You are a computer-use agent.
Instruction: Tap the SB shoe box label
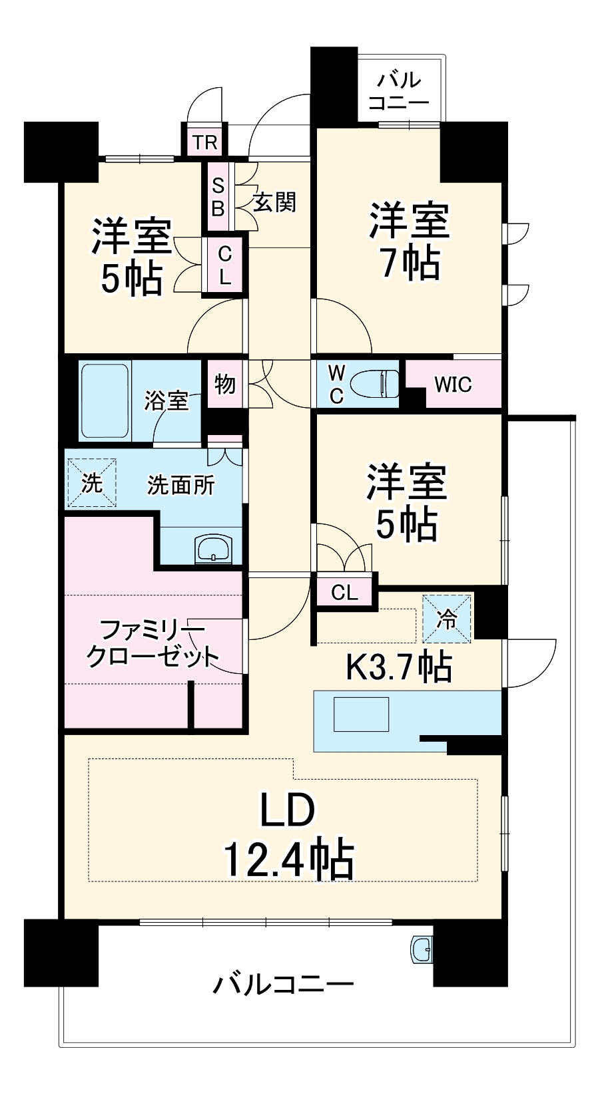[x=218, y=197]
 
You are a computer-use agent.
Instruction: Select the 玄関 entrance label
[x=274, y=202]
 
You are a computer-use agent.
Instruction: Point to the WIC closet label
[x=453, y=385]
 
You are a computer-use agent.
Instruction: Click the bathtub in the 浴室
[x=105, y=400]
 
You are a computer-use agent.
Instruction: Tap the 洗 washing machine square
[x=91, y=483]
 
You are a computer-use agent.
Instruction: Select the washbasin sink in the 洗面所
[x=213, y=549]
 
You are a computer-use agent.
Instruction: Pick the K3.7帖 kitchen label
[x=398, y=666]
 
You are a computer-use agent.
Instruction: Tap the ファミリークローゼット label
[x=152, y=643]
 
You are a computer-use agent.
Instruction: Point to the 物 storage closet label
[x=225, y=384]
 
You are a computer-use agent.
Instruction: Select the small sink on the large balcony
[x=421, y=949]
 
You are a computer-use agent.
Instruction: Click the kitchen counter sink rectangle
[x=361, y=714]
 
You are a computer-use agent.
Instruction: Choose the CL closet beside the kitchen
[x=344, y=591]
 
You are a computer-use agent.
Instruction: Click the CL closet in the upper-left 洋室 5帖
[x=225, y=265]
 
